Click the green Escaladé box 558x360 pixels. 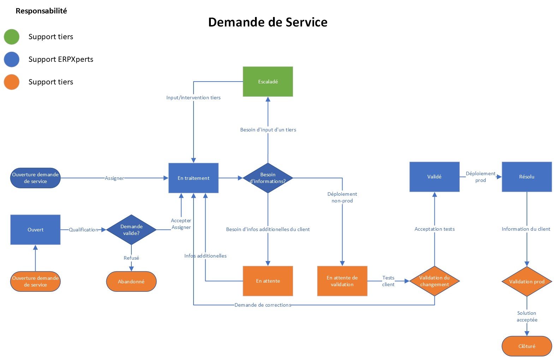point(268,82)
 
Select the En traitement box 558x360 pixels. point(193,178)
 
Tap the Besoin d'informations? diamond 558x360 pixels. point(268,178)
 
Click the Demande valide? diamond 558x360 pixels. point(131,230)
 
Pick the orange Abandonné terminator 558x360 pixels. point(131,282)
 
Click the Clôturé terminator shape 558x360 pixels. point(527,346)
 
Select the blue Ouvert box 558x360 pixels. point(35,230)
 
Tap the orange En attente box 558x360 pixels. point(268,281)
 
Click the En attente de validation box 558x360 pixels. point(342,281)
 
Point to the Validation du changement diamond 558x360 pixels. point(434,281)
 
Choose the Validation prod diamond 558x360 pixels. point(527,282)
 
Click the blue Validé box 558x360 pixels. point(434,177)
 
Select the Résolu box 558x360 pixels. point(527,177)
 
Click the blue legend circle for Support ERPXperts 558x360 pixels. point(12,59)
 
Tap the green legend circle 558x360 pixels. point(12,37)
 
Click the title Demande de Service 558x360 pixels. point(268,22)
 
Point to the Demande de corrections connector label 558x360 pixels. point(263,305)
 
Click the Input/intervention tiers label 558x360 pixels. point(193,98)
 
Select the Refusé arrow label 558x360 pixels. point(131,258)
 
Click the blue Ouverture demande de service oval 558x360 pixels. point(35,178)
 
